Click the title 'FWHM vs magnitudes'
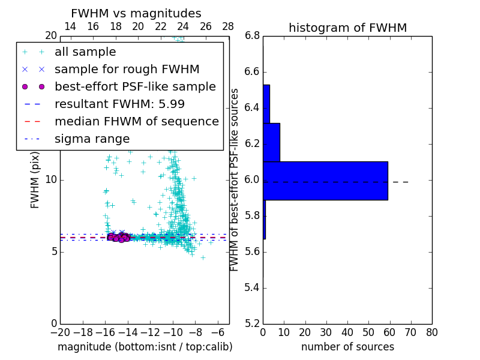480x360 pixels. pyautogui.click(x=136, y=13)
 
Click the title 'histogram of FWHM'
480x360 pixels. pyautogui.click(x=347, y=28)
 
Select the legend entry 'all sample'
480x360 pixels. pyautogui.click(x=85, y=52)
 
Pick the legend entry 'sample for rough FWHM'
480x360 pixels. pyautogui.click(x=127, y=69)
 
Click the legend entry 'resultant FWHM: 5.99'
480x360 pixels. pyautogui.click(x=119, y=104)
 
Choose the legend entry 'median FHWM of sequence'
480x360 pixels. pyautogui.click(x=136, y=121)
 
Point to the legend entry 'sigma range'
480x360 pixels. pyautogui.click(x=92, y=139)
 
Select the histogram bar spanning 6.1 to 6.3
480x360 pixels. pyautogui.click(x=271, y=142)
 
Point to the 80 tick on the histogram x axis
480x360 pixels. pyautogui.click(x=431, y=332)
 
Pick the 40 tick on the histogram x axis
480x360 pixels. pyautogui.click(x=347, y=332)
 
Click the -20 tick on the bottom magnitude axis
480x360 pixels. pyautogui.click(x=60, y=332)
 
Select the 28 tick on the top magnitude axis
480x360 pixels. pyautogui.click(x=229, y=26)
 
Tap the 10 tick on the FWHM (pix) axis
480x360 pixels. pyautogui.click(x=51, y=180)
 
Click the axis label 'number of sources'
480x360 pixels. pyautogui.click(x=347, y=347)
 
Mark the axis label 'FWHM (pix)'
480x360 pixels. pyautogui.click(x=35, y=180)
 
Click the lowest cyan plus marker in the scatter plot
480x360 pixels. pyautogui.click(x=203, y=257)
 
